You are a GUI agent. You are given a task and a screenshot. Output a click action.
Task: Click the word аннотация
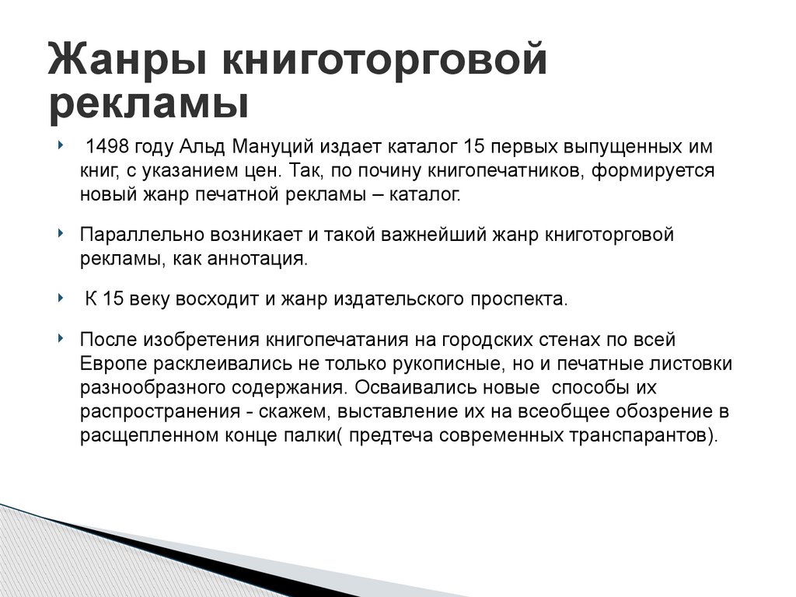(258, 258)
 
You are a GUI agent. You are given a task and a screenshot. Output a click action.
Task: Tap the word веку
(169, 299)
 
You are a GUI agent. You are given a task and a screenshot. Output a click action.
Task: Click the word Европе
(111, 364)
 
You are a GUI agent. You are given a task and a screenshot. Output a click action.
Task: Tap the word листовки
(690, 364)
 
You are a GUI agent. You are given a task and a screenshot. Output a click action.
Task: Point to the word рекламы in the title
(148, 104)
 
